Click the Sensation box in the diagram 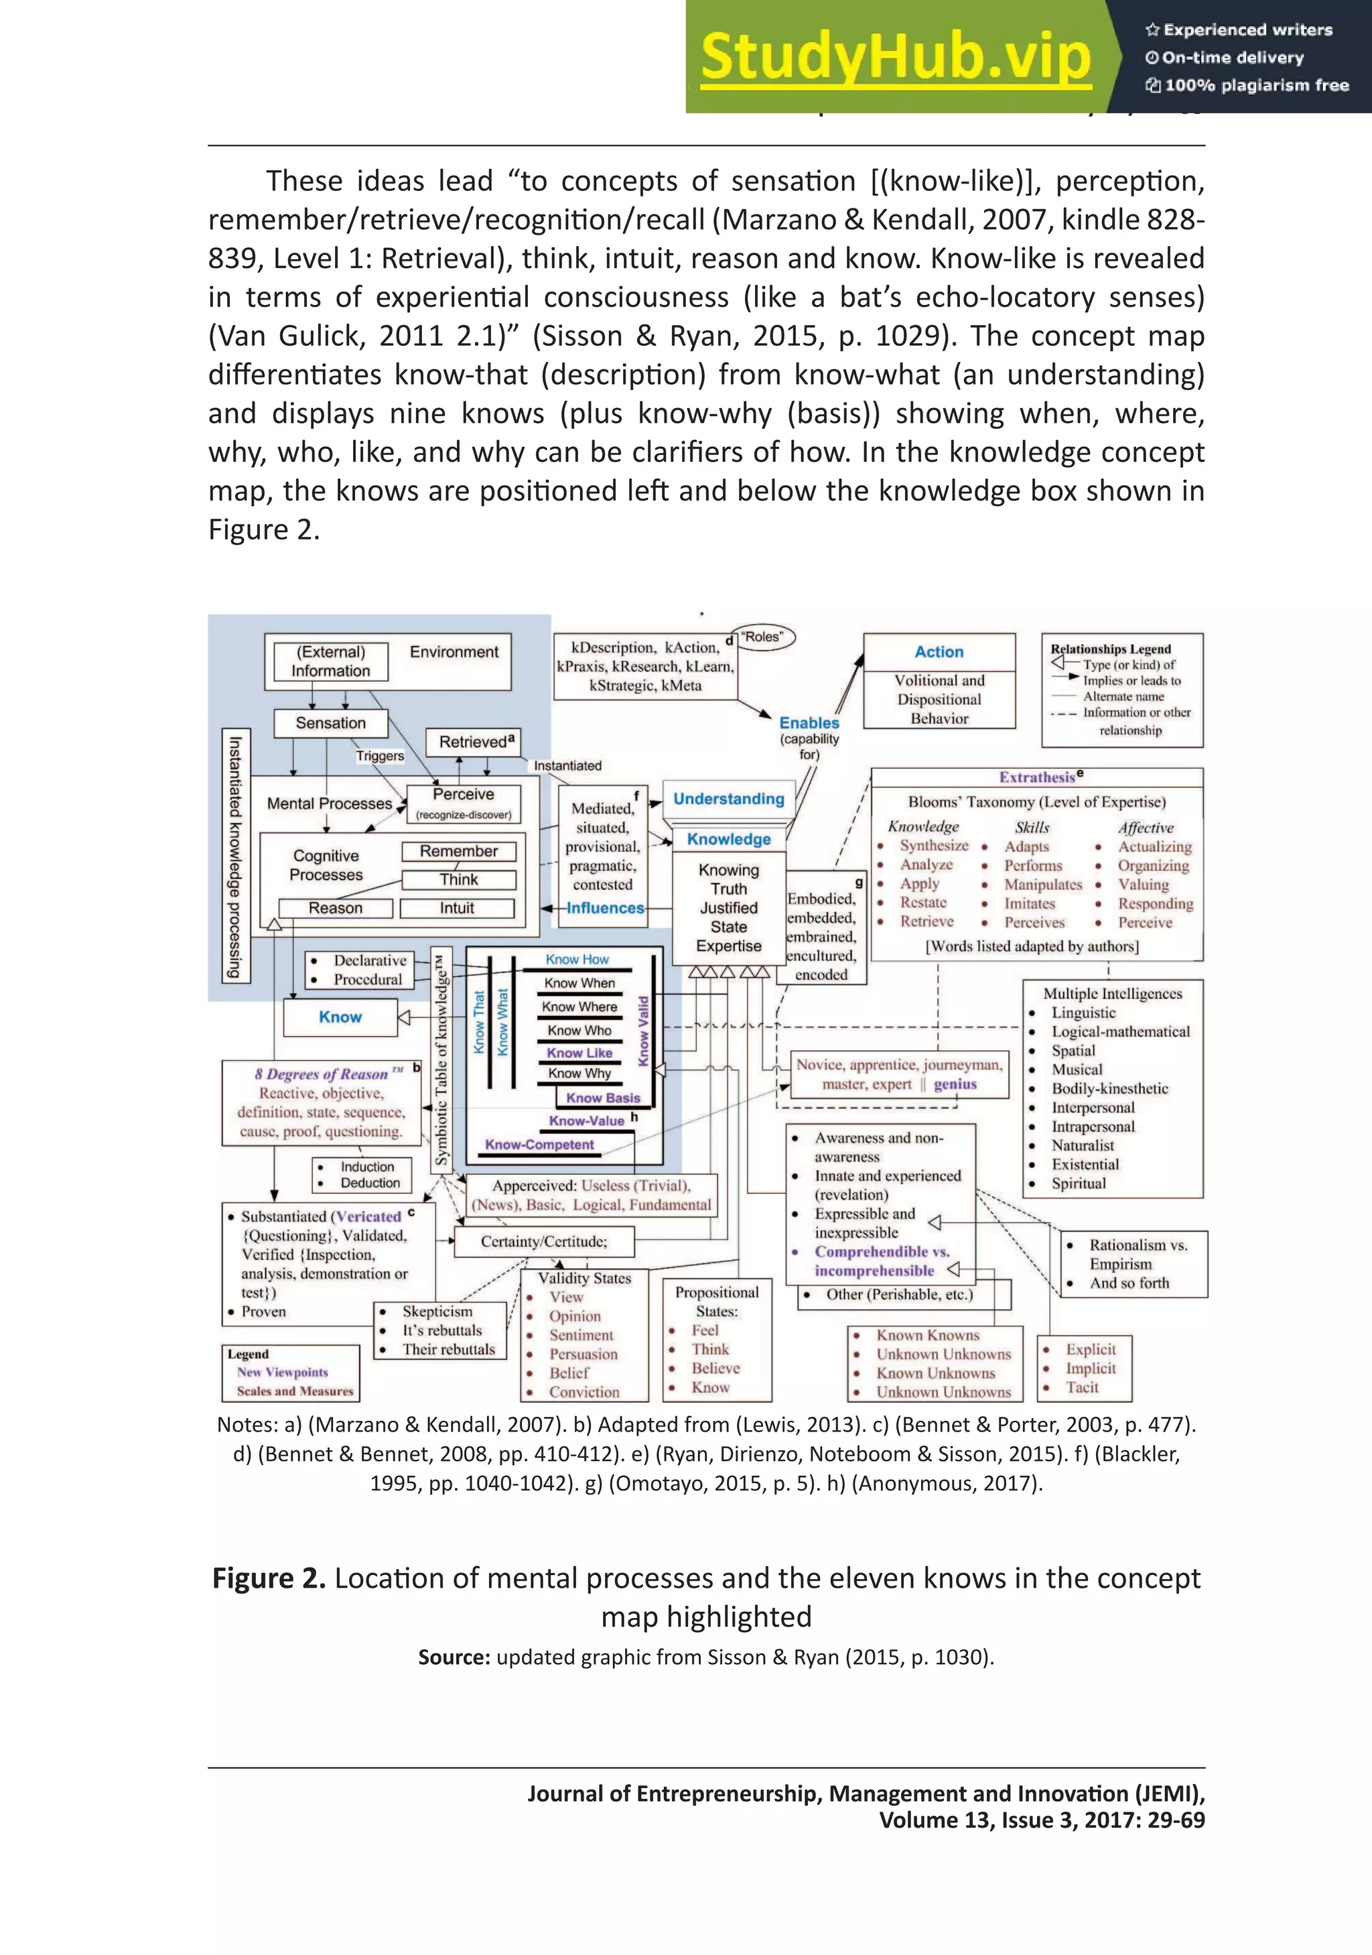click(x=330, y=723)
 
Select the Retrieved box click(x=476, y=742)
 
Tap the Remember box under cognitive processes click(x=459, y=850)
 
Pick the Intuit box click(x=457, y=907)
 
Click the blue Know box click(x=340, y=1017)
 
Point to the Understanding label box click(x=729, y=799)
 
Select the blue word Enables click(x=809, y=722)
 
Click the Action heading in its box click(x=939, y=651)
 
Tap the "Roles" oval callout click(x=762, y=636)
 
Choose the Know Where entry click(x=579, y=1007)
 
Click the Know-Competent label click(x=539, y=1145)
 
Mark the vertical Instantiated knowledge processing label click(x=235, y=856)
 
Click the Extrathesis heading click(x=1036, y=777)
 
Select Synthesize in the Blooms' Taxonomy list click(x=934, y=846)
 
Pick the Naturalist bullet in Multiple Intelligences click(x=1082, y=1145)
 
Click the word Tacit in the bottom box click(x=1082, y=1387)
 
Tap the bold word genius click(x=955, y=1084)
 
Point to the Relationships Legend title click(x=1110, y=649)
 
